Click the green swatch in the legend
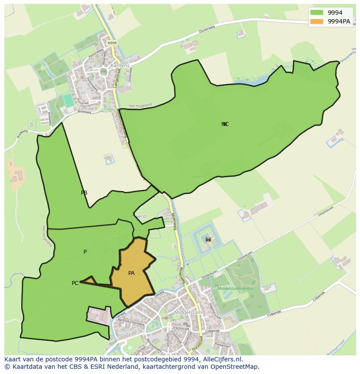pos(317,13)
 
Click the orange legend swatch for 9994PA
pos(317,21)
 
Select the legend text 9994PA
pos(339,21)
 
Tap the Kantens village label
pos(120,66)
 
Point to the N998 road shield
pos(112,43)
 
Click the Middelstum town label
pos(186,312)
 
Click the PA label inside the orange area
pos(131,273)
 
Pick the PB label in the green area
pos(84,193)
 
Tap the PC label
pos(75,283)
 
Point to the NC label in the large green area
pos(225,124)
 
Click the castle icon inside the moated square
pos(208,239)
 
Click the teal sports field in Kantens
pos(68,100)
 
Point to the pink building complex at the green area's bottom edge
pos(99,315)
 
